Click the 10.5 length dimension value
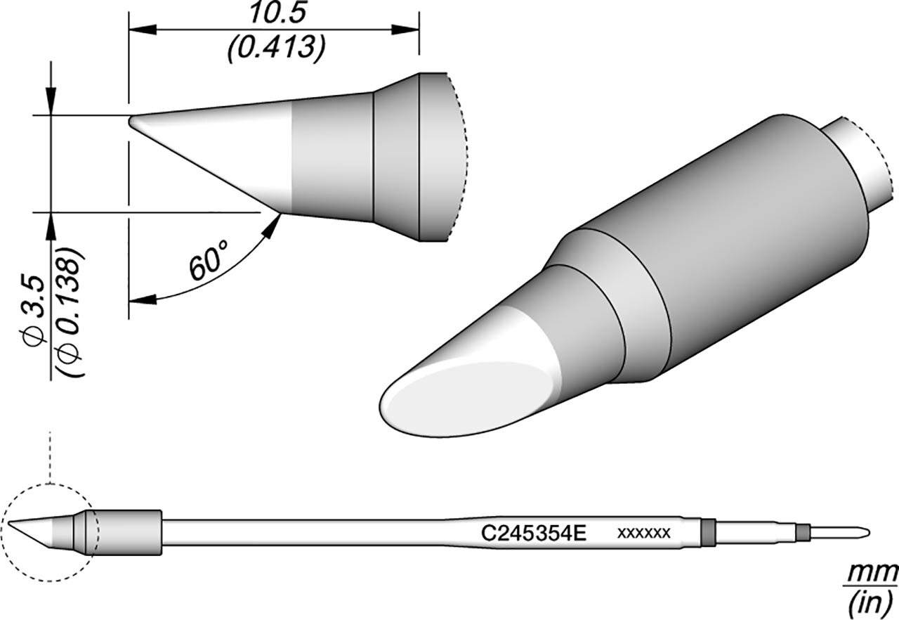(x=273, y=15)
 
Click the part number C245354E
(x=534, y=533)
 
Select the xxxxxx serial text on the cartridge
(x=643, y=533)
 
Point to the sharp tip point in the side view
(x=131, y=121)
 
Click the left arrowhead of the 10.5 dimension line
(x=140, y=30)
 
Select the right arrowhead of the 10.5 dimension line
(x=407, y=30)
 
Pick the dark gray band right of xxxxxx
(x=708, y=531)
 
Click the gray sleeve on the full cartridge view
(x=126, y=529)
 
